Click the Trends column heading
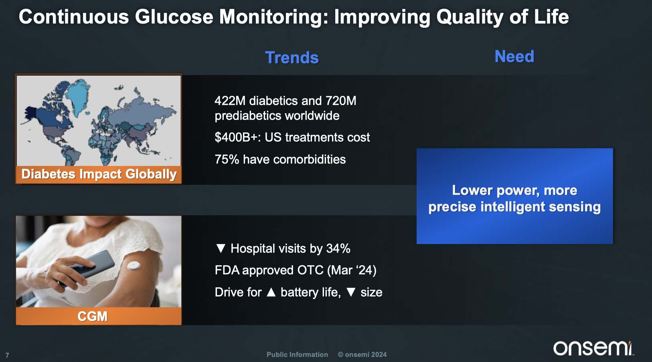coord(292,57)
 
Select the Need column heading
coord(514,56)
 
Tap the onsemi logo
coord(593,348)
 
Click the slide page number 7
coord(7,355)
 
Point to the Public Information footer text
coord(297,354)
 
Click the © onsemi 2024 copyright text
coord(362,354)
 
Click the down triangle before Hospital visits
coord(221,248)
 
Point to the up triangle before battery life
coord(271,292)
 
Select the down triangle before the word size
coord(351,292)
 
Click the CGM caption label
coord(93,316)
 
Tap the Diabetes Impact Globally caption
coord(99,174)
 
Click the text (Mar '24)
coord(352,270)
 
